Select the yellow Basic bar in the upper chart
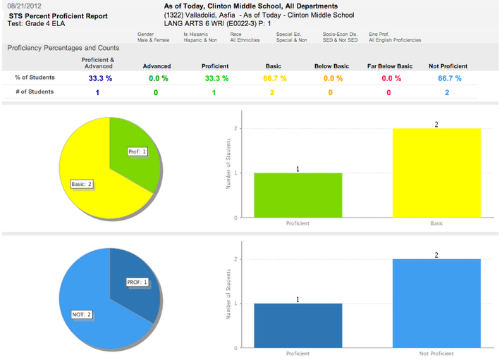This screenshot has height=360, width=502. click(436, 173)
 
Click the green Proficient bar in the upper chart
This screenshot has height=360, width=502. click(297, 195)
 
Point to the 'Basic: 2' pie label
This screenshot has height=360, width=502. click(82, 184)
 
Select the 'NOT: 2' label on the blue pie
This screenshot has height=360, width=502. click(82, 314)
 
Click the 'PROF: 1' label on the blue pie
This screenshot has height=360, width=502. click(137, 282)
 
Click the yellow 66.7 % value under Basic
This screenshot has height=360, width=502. click(274, 79)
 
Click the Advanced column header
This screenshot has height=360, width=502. click(156, 66)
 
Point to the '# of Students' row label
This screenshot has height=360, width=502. click(35, 92)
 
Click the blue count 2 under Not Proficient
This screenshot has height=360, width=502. click(448, 92)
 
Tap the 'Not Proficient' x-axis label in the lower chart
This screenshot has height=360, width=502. click(436, 353)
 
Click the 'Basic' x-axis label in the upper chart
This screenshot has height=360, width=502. click(436, 223)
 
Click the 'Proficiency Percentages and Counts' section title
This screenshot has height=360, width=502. click(63, 48)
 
